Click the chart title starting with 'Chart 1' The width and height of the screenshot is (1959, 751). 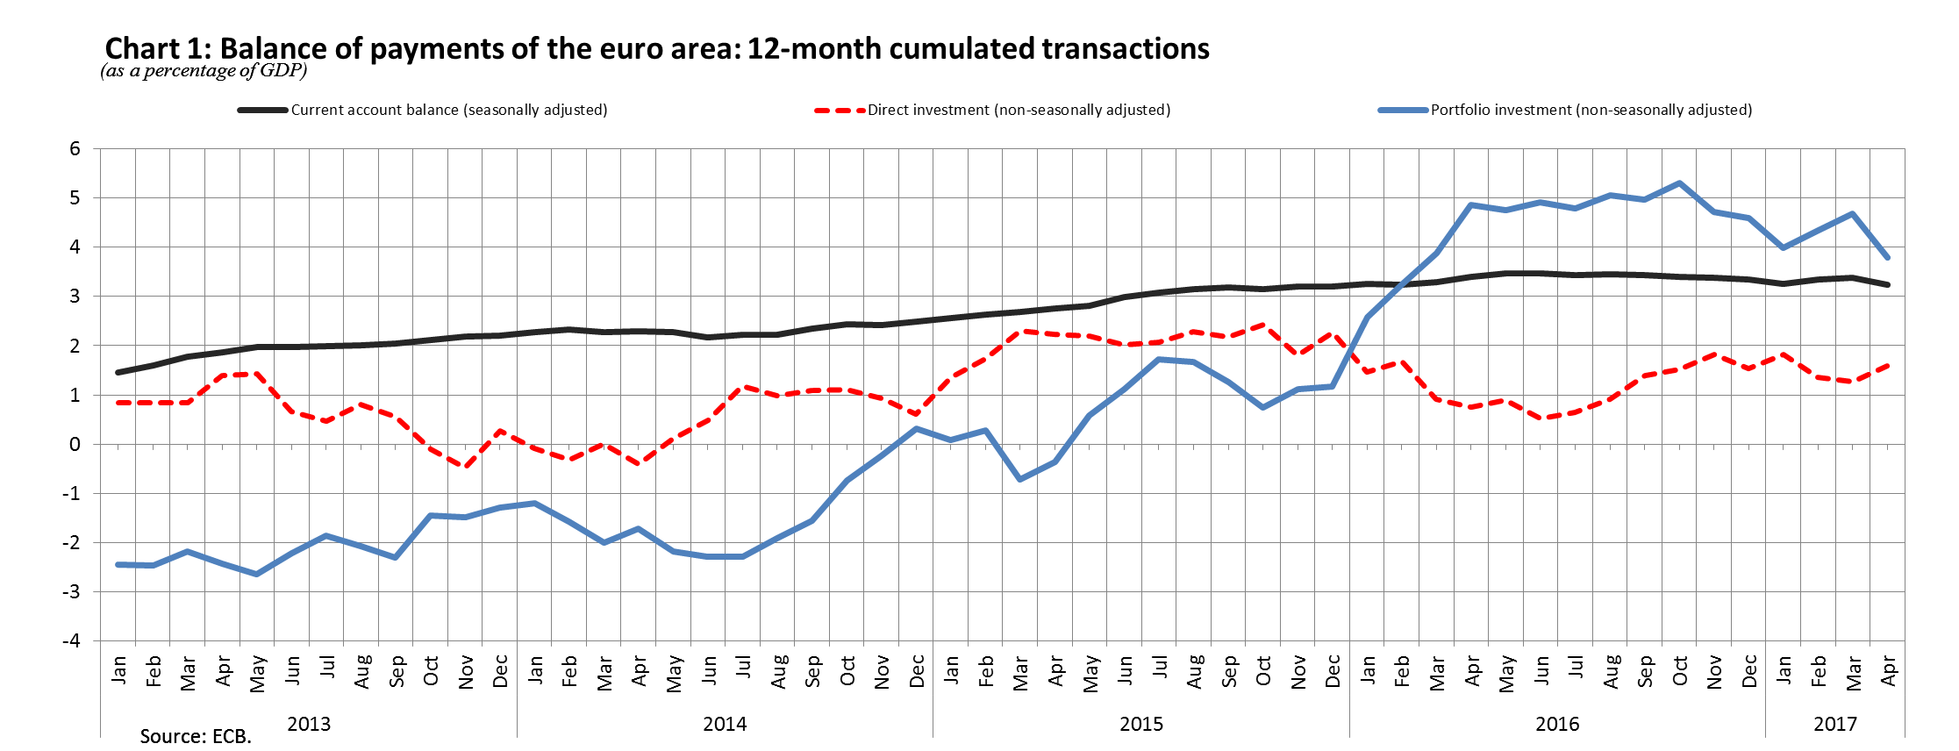coord(656,48)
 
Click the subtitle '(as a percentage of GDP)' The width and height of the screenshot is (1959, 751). coord(204,71)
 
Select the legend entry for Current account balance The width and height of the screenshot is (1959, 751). coord(448,110)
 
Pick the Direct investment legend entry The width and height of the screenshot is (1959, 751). coord(1019,110)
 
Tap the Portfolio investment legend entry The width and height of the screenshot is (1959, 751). coord(1591,110)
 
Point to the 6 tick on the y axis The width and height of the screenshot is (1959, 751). coord(75,148)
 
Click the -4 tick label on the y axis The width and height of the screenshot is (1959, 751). coord(71,640)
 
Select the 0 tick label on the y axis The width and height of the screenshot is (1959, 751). coord(75,444)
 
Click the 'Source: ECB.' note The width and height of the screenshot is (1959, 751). coord(196,736)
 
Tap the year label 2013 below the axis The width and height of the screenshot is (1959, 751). coord(309,724)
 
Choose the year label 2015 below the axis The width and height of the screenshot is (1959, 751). coord(1140,724)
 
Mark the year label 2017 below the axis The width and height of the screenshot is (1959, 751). coord(1834,724)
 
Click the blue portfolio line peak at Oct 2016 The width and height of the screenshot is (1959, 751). coord(1679,183)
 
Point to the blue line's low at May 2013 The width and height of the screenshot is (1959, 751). coord(257,574)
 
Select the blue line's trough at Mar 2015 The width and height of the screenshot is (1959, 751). coord(1019,479)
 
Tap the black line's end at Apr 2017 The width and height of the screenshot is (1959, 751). coord(1887,284)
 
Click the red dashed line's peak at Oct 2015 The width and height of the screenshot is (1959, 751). coord(1263,325)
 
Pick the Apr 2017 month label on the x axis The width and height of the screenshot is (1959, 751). coord(1888,671)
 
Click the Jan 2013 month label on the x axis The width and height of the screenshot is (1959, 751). coord(118,671)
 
